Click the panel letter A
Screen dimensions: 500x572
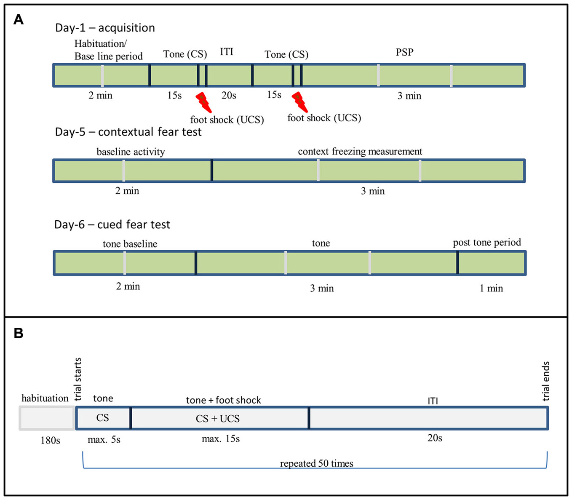tap(18, 19)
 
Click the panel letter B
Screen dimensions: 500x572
tap(18, 333)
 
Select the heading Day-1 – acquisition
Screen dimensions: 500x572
tap(105, 28)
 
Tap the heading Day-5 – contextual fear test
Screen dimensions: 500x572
tap(128, 132)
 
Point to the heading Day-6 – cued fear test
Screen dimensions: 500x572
tap(112, 225)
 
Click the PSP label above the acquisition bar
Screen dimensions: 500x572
tap(404, 52)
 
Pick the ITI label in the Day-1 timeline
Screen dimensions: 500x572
tap(226, 52)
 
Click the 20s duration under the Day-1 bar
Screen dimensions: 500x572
tap(229, 96)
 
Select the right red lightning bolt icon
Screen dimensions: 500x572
tap(299, 102)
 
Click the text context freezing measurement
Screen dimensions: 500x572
tap(360, 152)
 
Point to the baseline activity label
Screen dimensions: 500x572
tap(131, 152)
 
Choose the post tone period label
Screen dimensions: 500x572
tap(486, 243)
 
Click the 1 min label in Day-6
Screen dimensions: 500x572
tap(491, 289)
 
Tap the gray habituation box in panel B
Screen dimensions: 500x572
tap(47, 418)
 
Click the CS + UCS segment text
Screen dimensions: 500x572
tap(217, 419)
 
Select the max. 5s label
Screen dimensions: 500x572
tap(104, 440)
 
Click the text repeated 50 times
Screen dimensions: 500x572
tap(316, 464)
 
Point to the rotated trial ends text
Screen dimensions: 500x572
tap(545, 381)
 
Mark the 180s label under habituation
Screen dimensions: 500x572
tap(50, 441)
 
